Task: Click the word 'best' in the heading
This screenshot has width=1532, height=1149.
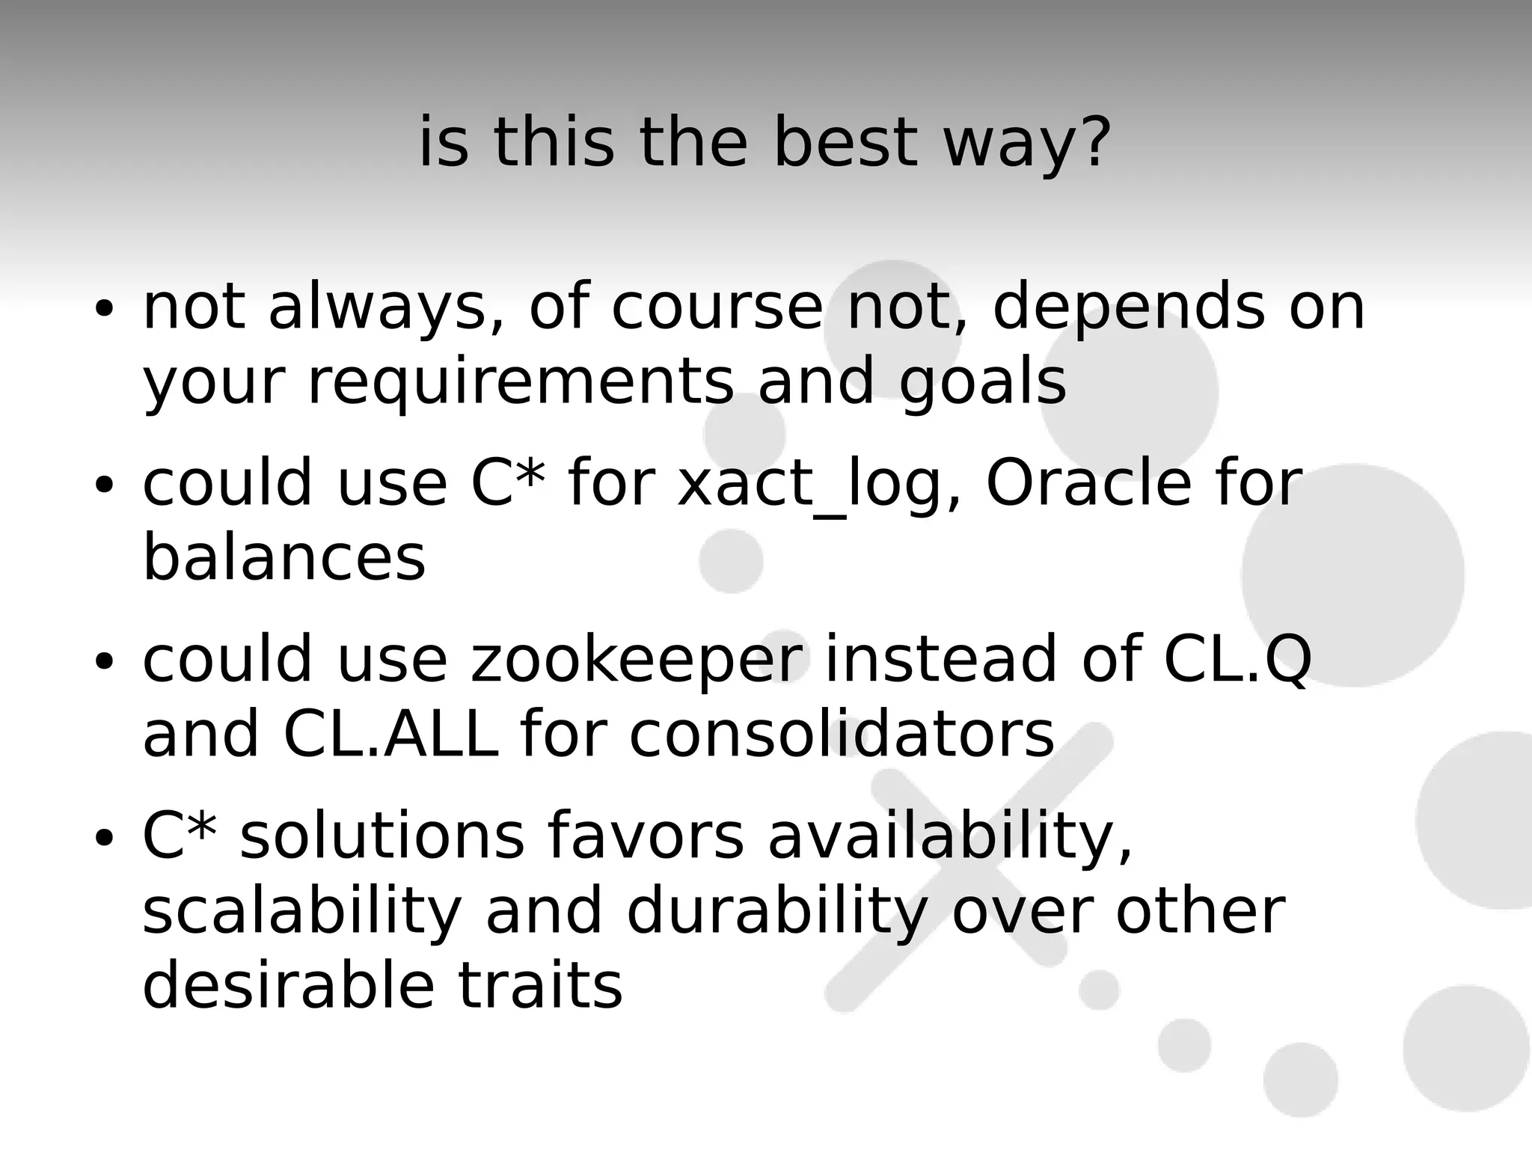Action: pyautogui.click(x=844, y=142)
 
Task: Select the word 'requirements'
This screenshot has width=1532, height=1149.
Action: pyautogui.click(x=521, y=382)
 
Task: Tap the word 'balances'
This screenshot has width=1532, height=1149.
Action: pyautogui.click(x=284, y=557)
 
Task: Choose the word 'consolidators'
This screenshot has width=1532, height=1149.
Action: pyautogui.click(x=841, y=734)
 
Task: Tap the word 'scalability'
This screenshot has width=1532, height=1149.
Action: pyautogui.click(x=302, y=913)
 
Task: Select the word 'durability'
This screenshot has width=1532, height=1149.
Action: pyautogui.click(x=776, y=913)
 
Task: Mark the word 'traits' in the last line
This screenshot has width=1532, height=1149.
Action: pyautogui.click(x=539, y=986)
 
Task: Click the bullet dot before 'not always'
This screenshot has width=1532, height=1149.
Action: pyautogui.click(x=104, y=308)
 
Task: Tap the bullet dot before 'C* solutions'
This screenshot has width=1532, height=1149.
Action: pyautogui.click(x=104, y=837)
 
